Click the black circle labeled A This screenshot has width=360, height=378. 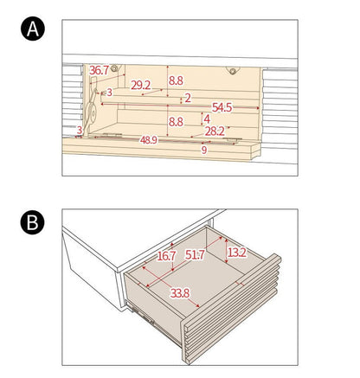(33, 29)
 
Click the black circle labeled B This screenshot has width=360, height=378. (33, 222)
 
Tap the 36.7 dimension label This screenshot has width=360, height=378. (99, 71)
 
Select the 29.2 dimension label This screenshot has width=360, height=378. (141, 85)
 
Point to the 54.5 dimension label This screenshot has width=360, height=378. (222, 107)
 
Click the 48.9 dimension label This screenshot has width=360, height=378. (149, 140)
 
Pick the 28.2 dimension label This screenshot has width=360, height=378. (215, 131)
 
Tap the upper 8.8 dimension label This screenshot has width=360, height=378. (176, 80)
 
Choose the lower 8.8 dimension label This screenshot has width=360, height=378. (176, 122)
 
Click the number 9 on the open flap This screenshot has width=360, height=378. (204, 150)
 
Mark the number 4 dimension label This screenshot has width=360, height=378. (207, 119)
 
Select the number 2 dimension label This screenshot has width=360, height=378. (188, 98)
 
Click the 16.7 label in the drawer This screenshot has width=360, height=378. (166, 256)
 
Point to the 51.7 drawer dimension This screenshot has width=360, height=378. (195, 255)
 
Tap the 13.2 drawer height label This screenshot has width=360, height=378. (237, 253)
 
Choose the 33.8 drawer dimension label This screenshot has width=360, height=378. (180, 293)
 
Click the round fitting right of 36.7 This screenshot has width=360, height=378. (114, 68)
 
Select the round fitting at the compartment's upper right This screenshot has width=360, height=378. (233, 71)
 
